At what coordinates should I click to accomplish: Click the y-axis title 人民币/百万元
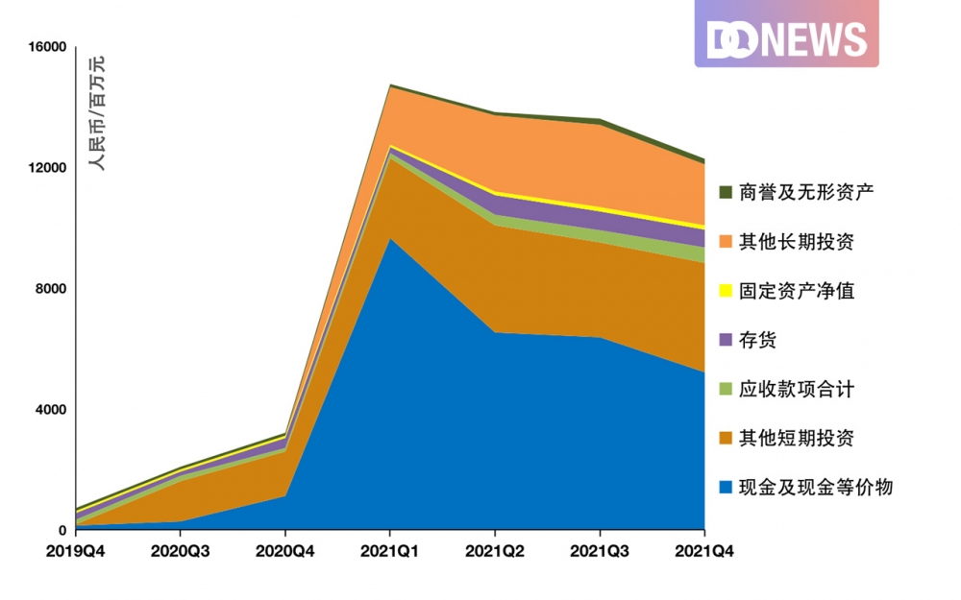(97, 112)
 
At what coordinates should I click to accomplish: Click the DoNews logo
(786, 39)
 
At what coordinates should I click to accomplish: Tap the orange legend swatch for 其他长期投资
(726, 241)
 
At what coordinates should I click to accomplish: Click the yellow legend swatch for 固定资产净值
(726, 290)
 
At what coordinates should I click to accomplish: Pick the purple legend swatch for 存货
(726, 340)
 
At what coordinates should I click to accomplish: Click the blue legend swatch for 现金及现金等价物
(726, 488)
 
